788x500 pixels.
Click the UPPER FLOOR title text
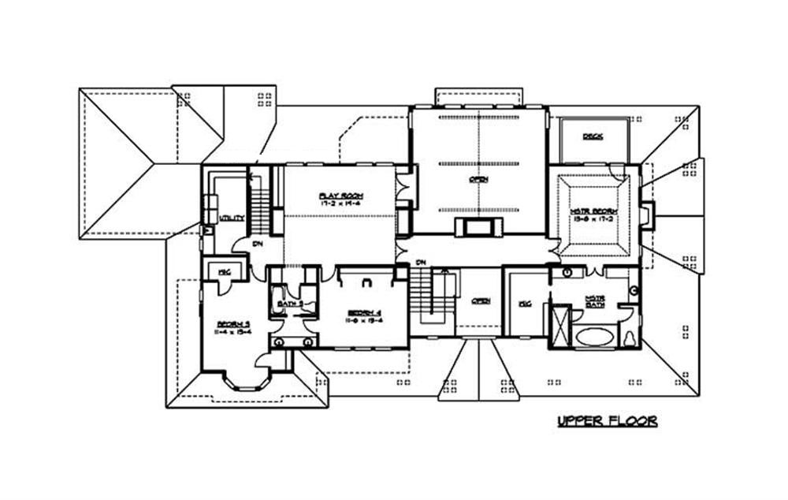[607, 422]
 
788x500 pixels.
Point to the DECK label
[593, 136]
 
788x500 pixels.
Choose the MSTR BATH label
[596, 300]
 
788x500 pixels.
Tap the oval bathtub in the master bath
[593, 337]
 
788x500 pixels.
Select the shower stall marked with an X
[560, 324]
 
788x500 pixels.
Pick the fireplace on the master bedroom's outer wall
[648, 215]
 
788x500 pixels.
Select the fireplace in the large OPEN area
[478, 229]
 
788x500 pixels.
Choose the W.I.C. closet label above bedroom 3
[224, 271]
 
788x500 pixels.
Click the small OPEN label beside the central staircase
[481, 300]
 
